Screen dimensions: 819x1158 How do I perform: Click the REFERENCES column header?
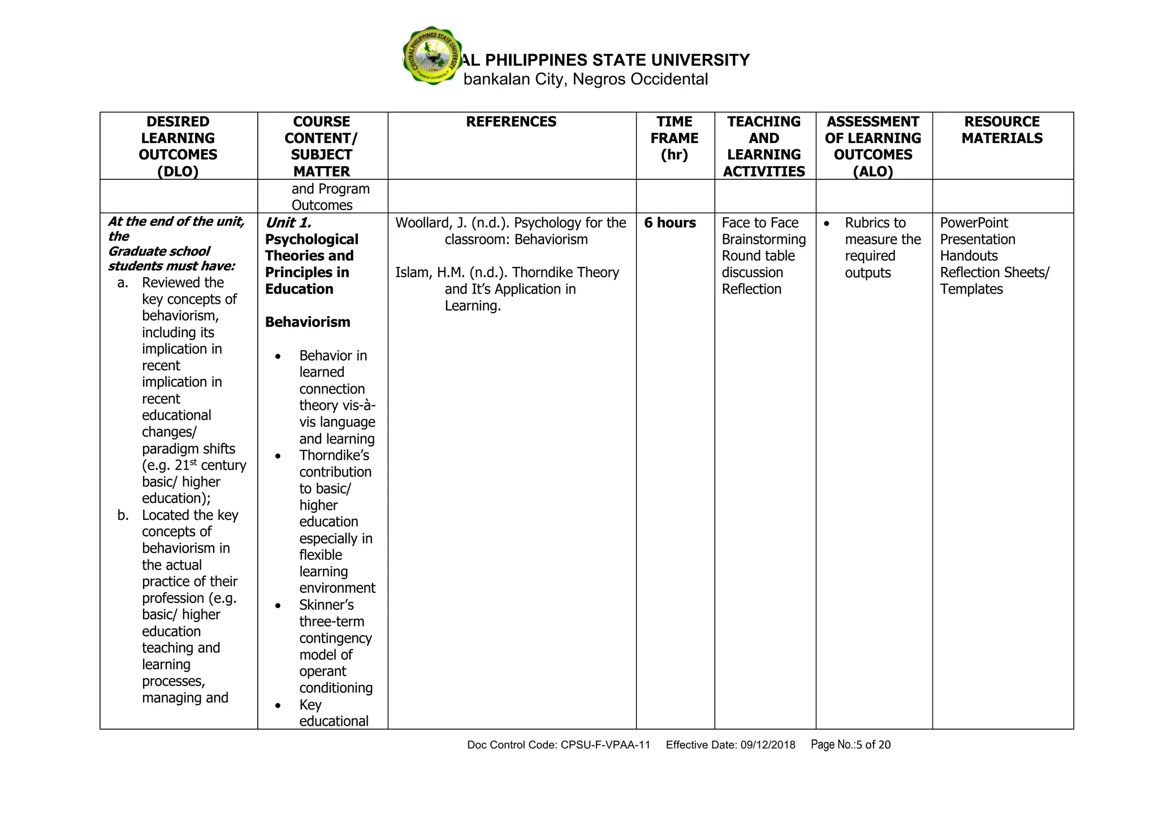tap(511, 122)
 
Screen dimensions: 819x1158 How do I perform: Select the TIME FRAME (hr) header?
tap(675, 138)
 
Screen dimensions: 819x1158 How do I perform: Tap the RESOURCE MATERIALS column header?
tap(1002, 130)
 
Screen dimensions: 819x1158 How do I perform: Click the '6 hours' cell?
tap(670, 223)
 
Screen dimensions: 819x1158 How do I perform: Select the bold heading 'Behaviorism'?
tap(308, 322)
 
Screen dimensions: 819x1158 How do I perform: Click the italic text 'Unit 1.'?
tap(288, 223)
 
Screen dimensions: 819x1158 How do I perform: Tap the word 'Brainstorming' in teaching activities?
tap(764, 239)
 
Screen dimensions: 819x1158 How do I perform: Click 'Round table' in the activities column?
tap(758, 256)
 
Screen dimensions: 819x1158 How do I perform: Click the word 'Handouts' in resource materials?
tap(969, 256)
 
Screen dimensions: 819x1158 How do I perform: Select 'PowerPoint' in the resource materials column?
tap(974, 223)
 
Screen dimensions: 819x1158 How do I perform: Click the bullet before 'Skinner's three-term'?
tap(278, 606)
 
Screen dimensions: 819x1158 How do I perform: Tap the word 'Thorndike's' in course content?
tap(334, 456)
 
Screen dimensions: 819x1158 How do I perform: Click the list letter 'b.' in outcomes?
tap(123, 515)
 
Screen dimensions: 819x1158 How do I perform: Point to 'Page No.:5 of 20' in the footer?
tap(850, 745)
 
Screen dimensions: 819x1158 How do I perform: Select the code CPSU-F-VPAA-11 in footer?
tap(605, 745)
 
